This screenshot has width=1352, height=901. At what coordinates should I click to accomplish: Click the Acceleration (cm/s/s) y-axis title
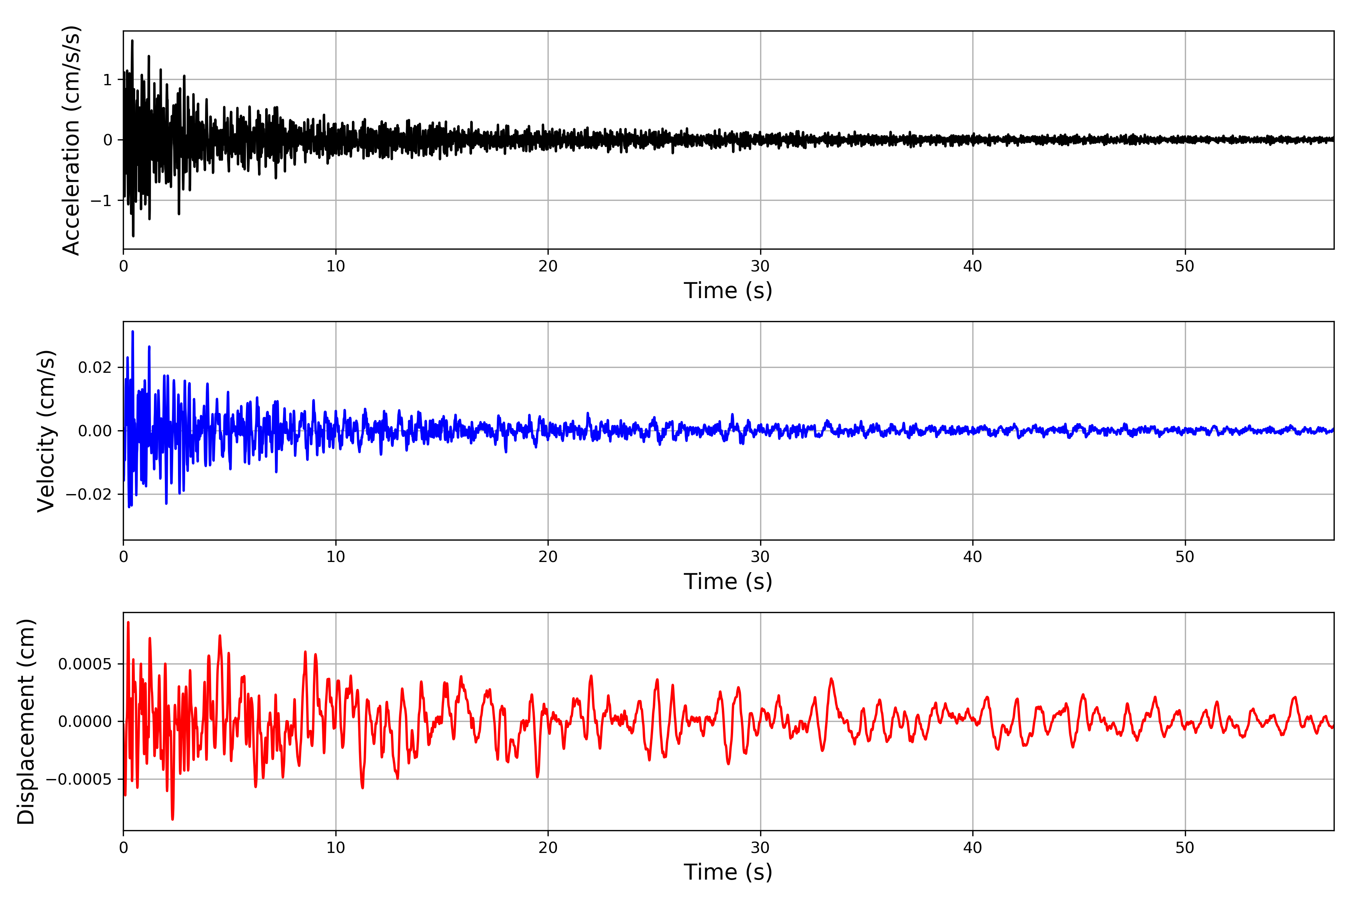(x=71, y=140)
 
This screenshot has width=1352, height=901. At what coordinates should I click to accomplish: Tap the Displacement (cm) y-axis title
(x=26, y=722)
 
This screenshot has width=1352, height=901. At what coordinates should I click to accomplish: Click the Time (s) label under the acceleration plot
(x=728, y=291)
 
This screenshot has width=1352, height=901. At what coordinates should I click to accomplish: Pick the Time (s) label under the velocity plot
(x=728, y=582)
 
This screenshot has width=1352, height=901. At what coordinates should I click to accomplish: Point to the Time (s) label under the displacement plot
(x=728, y=872)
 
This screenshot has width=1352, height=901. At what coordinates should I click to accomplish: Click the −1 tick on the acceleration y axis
(x=101, y=200)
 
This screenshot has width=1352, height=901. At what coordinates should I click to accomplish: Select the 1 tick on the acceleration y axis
(x=107, y=80)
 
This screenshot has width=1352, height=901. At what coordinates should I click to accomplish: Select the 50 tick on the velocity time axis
(x=1185, y=557)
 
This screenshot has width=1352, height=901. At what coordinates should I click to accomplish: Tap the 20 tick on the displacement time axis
(x=548, y=848)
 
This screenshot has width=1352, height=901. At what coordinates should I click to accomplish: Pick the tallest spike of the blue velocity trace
(x=133, y=331)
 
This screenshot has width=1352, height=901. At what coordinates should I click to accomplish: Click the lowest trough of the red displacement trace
(x=172, y=819)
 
